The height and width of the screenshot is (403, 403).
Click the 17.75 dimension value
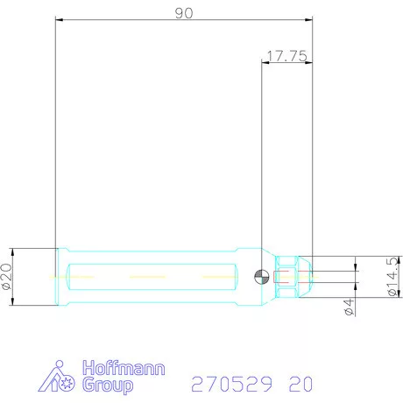coord(285,55)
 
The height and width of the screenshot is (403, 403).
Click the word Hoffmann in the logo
coord(122,368)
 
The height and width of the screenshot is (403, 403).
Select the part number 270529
coord(231,384)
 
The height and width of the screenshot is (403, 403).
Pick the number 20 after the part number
coord(299,384)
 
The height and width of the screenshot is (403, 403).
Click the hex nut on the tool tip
coord(286,277)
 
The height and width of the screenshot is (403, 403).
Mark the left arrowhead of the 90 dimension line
coord(58,18)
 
